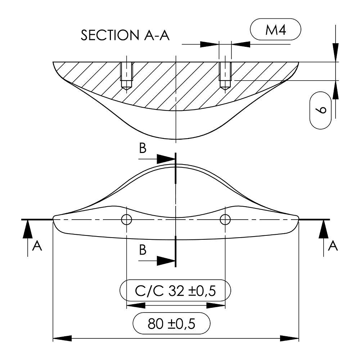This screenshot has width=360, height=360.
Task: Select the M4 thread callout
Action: [275, 30]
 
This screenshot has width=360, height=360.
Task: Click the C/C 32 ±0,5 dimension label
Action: [175, 291]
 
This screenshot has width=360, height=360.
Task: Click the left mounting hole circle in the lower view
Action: [126, 219]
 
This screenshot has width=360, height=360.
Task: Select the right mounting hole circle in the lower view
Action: [225, 219]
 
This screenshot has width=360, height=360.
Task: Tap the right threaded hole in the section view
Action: [225, 76]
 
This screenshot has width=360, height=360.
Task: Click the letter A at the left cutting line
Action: [37, 246]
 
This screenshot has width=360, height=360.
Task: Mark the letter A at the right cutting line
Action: [334, 246]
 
